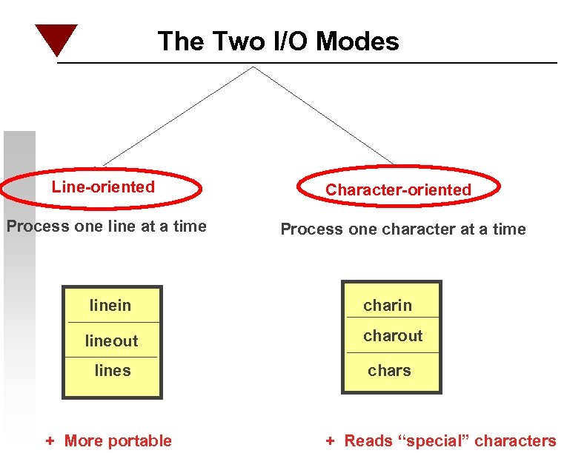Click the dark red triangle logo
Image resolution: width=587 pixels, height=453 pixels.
pyautogui.click(x=56, y=38)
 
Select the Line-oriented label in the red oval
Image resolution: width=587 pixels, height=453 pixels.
pyautogui.click(x=103, y=187)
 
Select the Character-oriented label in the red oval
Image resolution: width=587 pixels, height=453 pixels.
pyautogui.click(x=398, y=190)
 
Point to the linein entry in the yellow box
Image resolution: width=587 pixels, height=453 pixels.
pyautogui.click(x=110, y=305)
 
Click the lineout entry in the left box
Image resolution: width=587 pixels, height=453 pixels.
pyautogui.click(x=111, y=341)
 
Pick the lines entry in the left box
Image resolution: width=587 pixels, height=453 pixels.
pyautogui.click(x=113, y=370)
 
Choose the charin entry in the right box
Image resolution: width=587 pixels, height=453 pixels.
pyautogui.click(x=388, y=305)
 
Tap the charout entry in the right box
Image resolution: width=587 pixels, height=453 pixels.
pyautogui.click(x=393, y=335)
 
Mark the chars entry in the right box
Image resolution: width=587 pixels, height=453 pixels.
pyautogui.click(x=389, y=370)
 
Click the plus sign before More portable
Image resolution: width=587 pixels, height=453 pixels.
pyautogui.click(x=50, y=441)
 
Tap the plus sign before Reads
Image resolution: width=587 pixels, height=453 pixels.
pyautogui.click(x=331, y=441)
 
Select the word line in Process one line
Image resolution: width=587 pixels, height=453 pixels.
pyautogui.click(x=122, y=226)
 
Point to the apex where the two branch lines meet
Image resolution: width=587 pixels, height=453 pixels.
pyautogui.click(x=253, y=67)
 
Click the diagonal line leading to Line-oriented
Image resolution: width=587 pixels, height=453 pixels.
pyautogui.click(x=178, y=115)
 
